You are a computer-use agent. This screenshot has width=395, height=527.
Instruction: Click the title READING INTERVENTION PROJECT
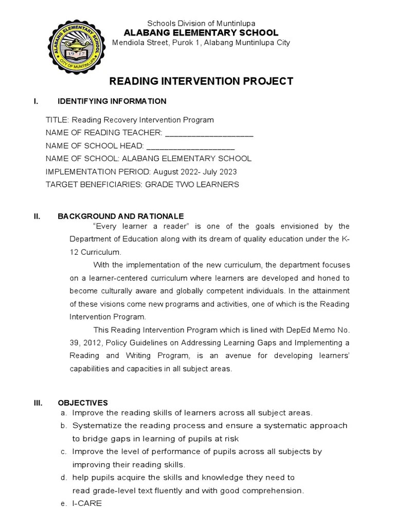(x=201, y=81)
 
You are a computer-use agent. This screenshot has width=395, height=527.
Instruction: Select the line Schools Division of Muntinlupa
(x=201, y=24)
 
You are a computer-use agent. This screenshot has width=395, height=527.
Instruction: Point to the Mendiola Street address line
(x=201, y=43)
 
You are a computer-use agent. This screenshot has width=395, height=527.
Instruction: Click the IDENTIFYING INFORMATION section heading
(x=112, y=101)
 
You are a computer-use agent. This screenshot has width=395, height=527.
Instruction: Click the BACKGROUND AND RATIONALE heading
(x=120, y=217)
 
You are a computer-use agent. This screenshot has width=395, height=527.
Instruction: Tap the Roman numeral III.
(x=38, y=403)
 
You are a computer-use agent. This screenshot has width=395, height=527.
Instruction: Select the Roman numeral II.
(x=37, y=217)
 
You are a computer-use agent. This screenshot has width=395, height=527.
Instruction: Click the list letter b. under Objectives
(x=63, y=426)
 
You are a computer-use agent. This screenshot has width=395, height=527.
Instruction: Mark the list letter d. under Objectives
(x=63, y=478)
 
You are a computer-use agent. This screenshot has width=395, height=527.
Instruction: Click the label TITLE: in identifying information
(x=57, y=120)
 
